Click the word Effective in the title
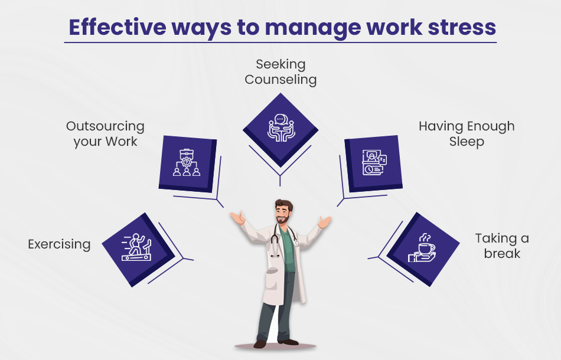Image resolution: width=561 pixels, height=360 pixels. click(118, 27)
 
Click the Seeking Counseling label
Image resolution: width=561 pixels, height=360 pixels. click(280, 72)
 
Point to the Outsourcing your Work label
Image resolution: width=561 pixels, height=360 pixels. click(105, 134)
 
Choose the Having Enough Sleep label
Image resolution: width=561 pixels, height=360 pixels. click(467, 134)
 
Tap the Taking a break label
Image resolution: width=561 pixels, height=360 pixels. click(502, 246)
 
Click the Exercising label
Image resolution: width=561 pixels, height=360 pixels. click(59, 244)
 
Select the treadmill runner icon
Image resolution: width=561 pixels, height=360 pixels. click(136, 247)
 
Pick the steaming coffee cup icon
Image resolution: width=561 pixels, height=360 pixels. click(422, 248)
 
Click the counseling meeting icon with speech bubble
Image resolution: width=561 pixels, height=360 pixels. click(281, 127)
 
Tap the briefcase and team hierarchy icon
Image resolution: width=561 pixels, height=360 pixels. click(187, 163)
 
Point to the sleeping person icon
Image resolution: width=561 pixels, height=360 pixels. click(374, 163)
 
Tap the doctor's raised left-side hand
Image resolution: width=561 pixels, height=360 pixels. click(237, 217)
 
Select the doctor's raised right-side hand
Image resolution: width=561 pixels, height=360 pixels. click(325, 222)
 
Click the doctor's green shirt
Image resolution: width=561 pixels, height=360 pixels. click(288, 250)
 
